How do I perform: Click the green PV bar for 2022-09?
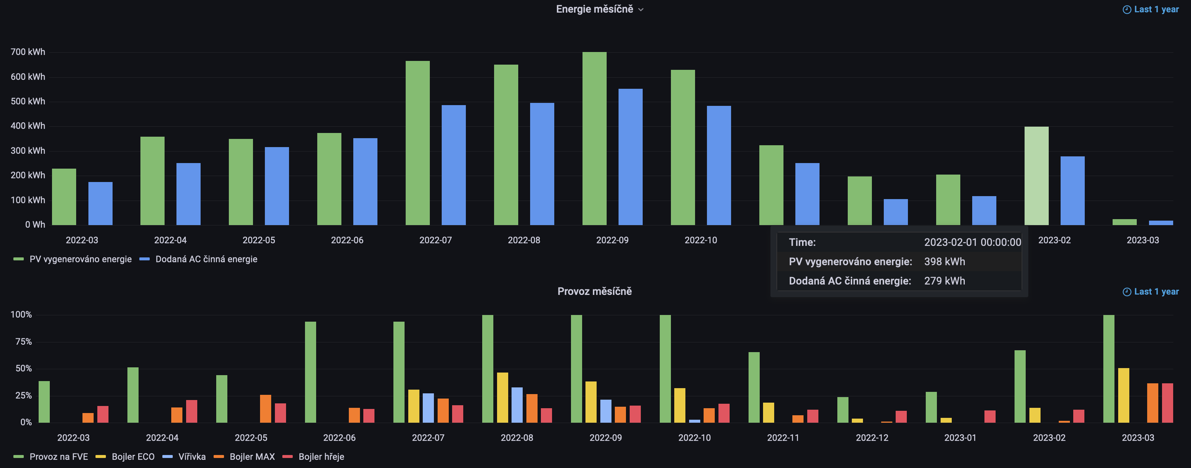coord(594,139)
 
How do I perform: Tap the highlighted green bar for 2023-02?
coord(1036,176)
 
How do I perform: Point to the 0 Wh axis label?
coord(35,225)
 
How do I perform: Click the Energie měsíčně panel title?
coord(595,9)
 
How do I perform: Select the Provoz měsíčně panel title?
coord(595,291)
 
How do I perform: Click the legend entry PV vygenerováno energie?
coord(80,259)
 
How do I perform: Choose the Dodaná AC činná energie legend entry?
coord(206,259)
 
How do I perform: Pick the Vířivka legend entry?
coord(191,457)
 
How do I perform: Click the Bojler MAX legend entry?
coord(251,457)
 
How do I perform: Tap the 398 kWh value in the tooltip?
coord(944,262)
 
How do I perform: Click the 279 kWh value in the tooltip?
coord(944,281)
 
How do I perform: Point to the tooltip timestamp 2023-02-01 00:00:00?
coord(972,242)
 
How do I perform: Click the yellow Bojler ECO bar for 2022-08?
coord(502,398)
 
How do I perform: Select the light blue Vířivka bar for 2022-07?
coord(428,408)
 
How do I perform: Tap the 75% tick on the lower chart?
coord(23,342)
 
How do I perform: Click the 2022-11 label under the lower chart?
coord(783,438)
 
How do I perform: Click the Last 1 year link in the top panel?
coord(1156,9)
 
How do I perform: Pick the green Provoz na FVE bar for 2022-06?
coord(310,372)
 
